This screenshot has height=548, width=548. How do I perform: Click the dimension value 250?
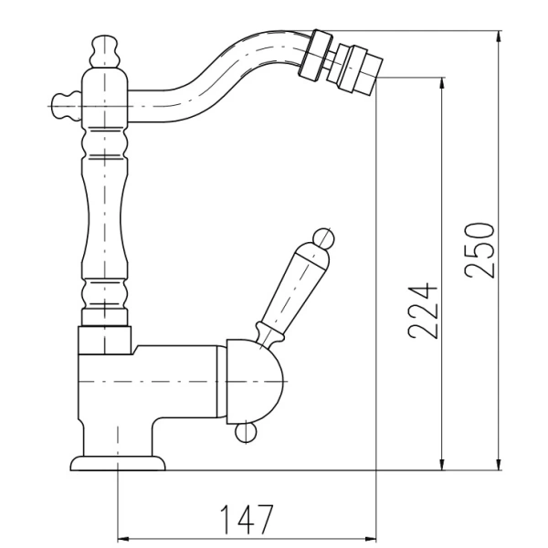[479, 250]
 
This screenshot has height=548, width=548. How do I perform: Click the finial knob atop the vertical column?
[104, 51]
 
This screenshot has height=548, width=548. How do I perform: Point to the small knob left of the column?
[66, 106]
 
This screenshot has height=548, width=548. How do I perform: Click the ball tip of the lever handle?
[323, 238]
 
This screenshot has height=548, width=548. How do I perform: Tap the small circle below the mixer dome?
[246, 432]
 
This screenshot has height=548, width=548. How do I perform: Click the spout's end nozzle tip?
[360, 69]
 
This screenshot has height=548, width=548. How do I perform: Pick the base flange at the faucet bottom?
[118, 463]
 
